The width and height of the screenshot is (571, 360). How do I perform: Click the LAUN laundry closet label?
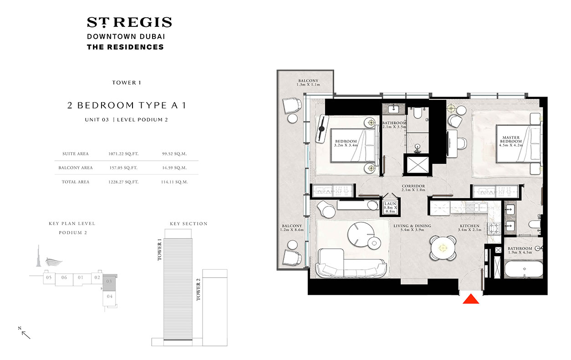(x=390, y=207)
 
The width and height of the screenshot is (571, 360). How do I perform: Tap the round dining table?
(x=442, y=248)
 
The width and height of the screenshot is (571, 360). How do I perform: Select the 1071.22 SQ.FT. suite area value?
(x=123, y=154)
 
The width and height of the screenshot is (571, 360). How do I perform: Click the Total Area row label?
(x=76, y=182)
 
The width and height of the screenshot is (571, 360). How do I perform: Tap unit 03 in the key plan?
(x=109, y=282)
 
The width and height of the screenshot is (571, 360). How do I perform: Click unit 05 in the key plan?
(x=48, y=278)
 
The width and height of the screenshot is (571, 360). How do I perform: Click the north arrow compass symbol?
(x=25, y=333)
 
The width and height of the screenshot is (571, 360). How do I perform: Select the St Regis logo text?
(x=129, y=22)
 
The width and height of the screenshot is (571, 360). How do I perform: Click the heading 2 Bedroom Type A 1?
(x=126, y=106)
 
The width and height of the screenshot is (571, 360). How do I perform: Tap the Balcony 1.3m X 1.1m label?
(x=308, y=82)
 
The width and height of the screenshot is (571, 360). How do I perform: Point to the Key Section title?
(x=189, y=224)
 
